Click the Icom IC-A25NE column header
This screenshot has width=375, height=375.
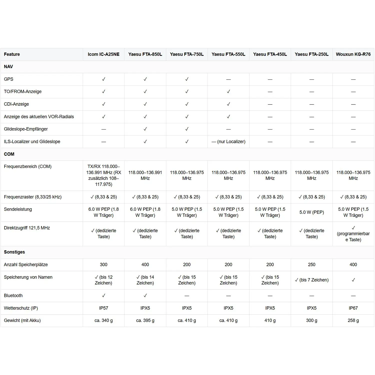pyautogui.click(x=103, y=54)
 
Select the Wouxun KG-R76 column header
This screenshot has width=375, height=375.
pyautogui.click(x=353, y=54)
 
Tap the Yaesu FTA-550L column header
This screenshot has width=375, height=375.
pyautogui.click(x=228, y=54)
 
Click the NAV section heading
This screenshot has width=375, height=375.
pyautogui.click(x=8, y=67)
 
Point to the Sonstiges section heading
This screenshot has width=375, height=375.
pyautogui.click(x=14, y=252)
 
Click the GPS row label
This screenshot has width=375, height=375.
pyautogui.click(x=9, y=79)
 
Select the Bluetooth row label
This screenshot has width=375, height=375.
pyautogui.click(x=13, y=295)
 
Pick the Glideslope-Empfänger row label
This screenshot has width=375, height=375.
pyautogui.click(x=26, y=129)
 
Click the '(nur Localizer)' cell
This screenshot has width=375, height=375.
pyautogui.click(x=228, y=141)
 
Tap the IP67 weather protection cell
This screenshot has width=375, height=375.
pyautogui.click(x=353, y=308)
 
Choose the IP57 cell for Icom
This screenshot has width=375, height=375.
pyautogui.click(x=103, y=308)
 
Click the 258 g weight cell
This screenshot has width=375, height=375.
pyautogui.click(x=353, y=320)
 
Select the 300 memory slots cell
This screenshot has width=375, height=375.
pyautogui.click(x=103, y=264)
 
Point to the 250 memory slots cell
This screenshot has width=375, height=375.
pyautogui.click(x=311, y=264)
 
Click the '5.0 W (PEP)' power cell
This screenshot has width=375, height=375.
pyautogui.click(x=311, y=212)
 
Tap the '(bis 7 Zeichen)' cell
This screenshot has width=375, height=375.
pyautogui.click(x=311, y=280)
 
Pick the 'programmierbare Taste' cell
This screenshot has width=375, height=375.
pyautogui.click(x=353, y=234)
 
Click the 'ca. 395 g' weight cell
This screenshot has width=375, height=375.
pyautogui.click(x=145, y=320)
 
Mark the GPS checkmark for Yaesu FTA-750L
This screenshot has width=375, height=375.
pyautogui.click(x=187, y=79)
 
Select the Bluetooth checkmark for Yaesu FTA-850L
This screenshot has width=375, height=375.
pyautogui.click(x=145, y=295)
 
